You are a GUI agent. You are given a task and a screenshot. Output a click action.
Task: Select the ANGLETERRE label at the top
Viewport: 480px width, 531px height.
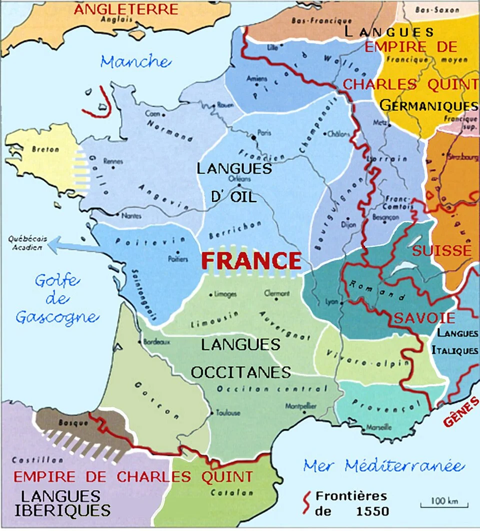pos(125,9)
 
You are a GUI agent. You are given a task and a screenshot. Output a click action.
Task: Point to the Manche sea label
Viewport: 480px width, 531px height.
pos(135,62)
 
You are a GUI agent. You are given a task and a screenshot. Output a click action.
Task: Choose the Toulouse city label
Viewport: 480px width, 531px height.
pos(228,413)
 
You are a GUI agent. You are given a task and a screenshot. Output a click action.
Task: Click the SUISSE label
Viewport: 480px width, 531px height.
pos(441,250)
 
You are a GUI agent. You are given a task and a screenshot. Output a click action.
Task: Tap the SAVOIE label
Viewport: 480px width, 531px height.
pos(424,318)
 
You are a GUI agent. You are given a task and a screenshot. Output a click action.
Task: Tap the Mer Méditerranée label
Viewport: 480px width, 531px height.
pos(383,466)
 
